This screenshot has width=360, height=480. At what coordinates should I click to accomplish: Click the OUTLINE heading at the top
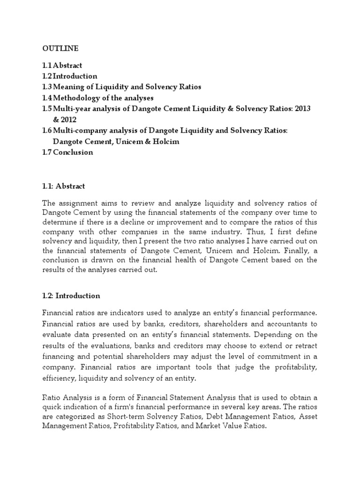point(61,48)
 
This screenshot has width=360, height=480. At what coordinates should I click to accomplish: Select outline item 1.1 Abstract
point(62,66)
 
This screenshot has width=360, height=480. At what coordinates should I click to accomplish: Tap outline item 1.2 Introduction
point(70,76)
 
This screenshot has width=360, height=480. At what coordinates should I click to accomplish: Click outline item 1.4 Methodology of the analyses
point(98,98)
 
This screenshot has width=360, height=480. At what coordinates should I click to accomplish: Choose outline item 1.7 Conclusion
point(67,152)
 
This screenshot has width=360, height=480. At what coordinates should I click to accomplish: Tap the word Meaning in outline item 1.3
point(68,87)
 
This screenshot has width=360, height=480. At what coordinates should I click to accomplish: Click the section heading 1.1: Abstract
point(64,186)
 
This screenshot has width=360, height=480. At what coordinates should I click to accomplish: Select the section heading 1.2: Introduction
point(71,296)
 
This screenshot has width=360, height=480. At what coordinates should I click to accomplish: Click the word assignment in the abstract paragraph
point(77,202)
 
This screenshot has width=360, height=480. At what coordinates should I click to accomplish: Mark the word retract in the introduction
point(306,345)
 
